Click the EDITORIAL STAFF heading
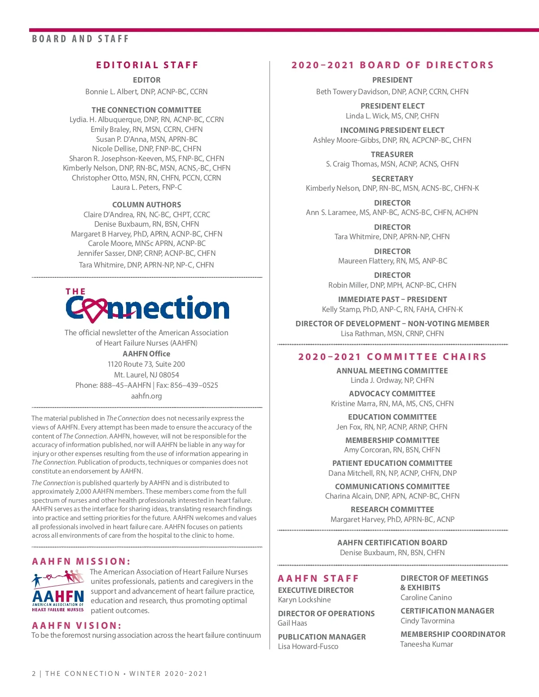(x=147, y=65)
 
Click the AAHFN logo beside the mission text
(x=58, y=591)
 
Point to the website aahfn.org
(x=146, y=396)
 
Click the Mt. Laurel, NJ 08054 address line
(x=146, y=375)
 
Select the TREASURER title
(x=392, y=154)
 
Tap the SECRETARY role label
(x=392, y=179)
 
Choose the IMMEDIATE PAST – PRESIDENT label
(x=392, y=299)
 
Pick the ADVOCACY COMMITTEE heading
(x=392, y=394)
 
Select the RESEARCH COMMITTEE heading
(x=392, y=509)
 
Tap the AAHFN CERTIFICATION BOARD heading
(x=392, y=543)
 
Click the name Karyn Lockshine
(x=304, y=600)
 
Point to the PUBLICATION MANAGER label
(x=322, y=637)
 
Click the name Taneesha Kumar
(x=427, y=644)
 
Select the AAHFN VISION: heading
(x=77, y=626)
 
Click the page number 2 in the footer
(x=34, y=674)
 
